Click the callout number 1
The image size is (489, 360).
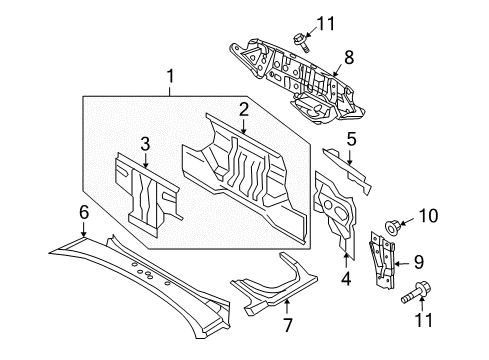pyautogui.click(x=170, y=76)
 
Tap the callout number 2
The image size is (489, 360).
pyautogui.click(x=244, y=110)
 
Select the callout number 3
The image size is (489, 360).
pyautogui.click(x=145, y=144)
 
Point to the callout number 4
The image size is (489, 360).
pyautogui.click(x=346, y=279)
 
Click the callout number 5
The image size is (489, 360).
pyautogui.click(x=352, y=139)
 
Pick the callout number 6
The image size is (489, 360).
pyautogui.click(x=84, y=212)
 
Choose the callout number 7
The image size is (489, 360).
pyautogui.click(x=287, y=325)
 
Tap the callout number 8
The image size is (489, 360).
pyautogui.click(x=349, y=57)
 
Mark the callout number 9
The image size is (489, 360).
pyautogui.click(x=419, y=262)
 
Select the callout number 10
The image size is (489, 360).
pyautogui.click(x=428, y=216)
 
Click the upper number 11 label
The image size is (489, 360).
pyautogui.click(x=325, y=24)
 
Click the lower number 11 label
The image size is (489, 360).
pyautogui.click(x=423, y=320)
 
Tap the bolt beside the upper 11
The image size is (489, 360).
pyautogui.click(x=301, y=43)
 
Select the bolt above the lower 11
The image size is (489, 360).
pyautogui.click(x=416, y=292)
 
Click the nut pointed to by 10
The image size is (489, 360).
pyautogui.click(x=391, y=227)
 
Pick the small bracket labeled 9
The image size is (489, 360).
pyautogui.click(x=382, y=260)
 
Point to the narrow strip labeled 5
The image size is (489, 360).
pyautogui.click(x=348, y=170)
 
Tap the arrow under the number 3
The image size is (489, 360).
pyautogui.click(x=145, y=160)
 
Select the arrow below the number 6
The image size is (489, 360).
pyautogui.click(x=83, y=229)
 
